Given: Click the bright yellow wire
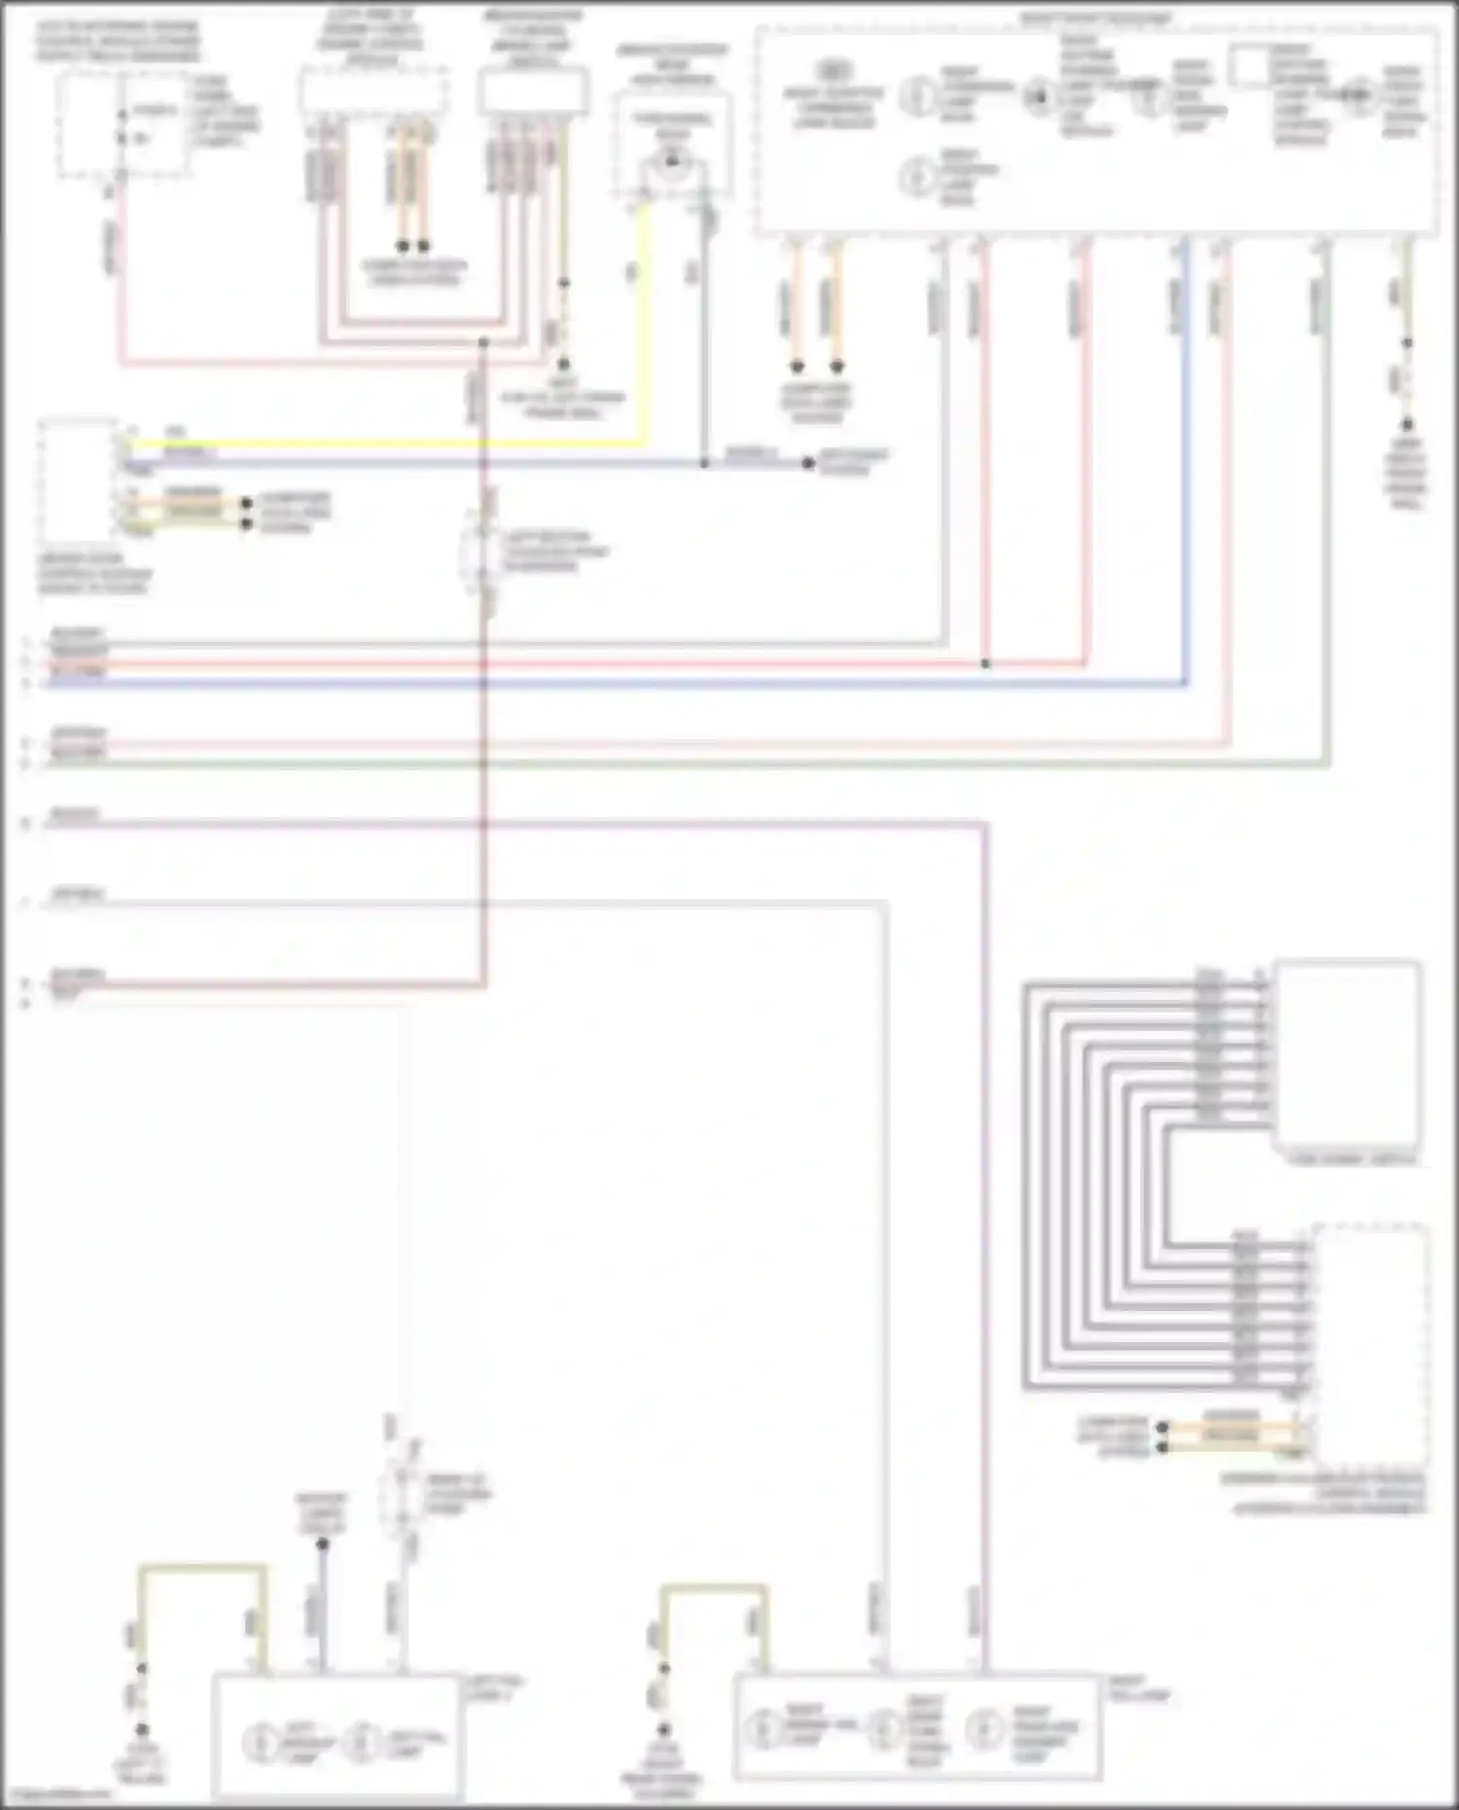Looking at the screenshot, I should (389, 444).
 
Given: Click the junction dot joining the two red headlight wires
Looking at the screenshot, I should (985, 664).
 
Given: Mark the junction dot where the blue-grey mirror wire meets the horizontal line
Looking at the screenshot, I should (704, 464).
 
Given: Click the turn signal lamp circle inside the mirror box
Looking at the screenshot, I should (671, 161).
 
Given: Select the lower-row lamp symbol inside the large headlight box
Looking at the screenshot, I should (915, 177).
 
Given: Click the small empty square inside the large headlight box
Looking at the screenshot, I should (1248, 66).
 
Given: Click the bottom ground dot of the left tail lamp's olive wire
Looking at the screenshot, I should (142, 1730).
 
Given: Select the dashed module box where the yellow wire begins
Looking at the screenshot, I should (77, 481).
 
